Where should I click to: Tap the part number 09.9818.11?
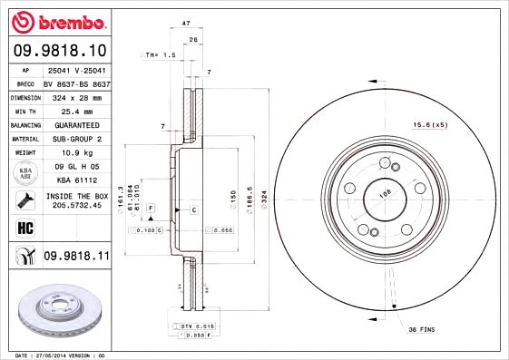point(75,257)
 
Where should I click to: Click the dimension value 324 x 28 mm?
point(76,97)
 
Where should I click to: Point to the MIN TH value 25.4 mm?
point(76,111)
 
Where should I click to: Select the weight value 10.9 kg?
point(76,153)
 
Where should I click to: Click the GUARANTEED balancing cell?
point(76,124)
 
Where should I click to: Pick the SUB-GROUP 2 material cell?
point(76,139)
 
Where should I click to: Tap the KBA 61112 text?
point(76,180)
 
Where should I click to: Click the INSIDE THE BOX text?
point(76,196)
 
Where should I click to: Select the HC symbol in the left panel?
point(24,227)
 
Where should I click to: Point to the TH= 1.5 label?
point(160,55)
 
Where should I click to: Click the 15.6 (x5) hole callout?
point(430,123)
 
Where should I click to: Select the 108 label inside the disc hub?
point(383,193)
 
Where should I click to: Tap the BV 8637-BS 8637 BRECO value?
point(76,83)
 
